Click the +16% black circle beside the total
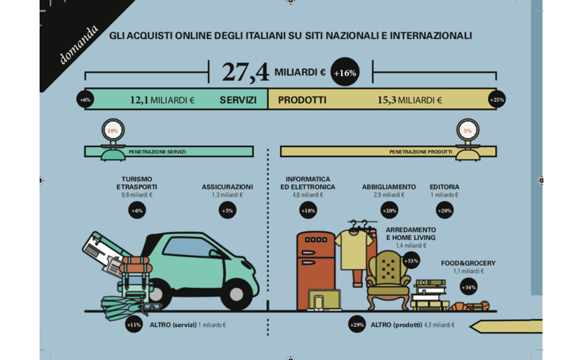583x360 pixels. pyautogui.click(x=345, y=72)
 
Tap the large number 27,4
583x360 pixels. pyautogui.click(x=245, y=72)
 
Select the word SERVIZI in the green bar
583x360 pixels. pyautogui.click(x=238, y=100)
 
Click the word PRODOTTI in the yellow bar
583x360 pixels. pyautogui.click(x=302, y=100)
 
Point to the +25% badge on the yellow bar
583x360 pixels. pyautogui.click(x=497, y=99)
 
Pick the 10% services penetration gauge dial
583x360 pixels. pyautogui.click(x=113, y=130)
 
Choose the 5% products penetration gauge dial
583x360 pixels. pyautogui.click(x=467, y=130)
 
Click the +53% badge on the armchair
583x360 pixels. pyautogui.click(x=411, y=261)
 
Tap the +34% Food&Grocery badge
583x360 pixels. pyautogui.click(x=469, y=287)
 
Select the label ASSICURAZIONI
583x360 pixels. pyautogui.click(x=227, y=186)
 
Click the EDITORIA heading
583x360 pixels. pyautogui.click(x=444, y=186)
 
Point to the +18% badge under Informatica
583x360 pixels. pyautogui.click(x=308, y=210)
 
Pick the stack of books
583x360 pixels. pyautogui.click(x=430, y=295)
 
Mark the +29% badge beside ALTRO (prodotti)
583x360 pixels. pyautogui.click(x=357, y=325)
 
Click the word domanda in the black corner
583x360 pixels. pyautogui.click(x=79, y=45)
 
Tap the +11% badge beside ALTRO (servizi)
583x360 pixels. pyautogui.click(x=134, y=325)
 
